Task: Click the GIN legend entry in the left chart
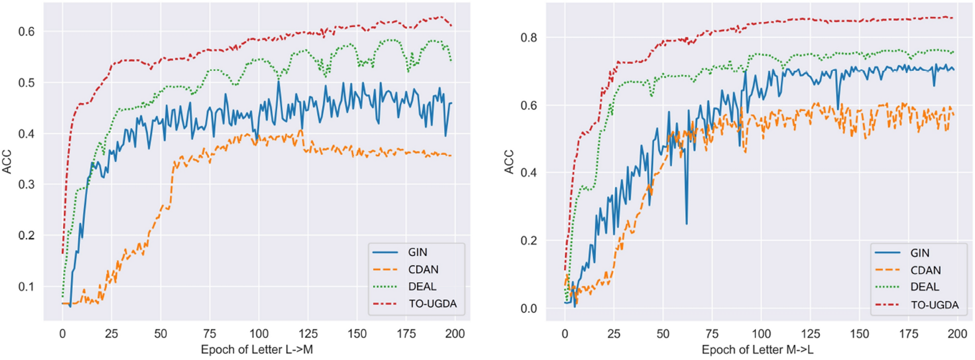point(417,252)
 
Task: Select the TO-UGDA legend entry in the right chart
point(934,305)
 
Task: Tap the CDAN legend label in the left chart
point(423,270)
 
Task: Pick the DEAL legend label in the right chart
point(924,287)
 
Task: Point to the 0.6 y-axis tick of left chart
point(27,31)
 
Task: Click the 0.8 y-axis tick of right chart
point(529,37)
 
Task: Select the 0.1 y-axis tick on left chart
point(27,286)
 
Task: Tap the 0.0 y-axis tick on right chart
point(529,308)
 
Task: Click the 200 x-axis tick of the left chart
point(455,334)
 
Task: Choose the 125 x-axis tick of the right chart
point(810,334)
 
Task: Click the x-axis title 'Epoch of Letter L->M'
point(257,350)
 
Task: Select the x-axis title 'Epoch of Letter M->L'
point(758,350)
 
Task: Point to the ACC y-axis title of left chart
point(7,162)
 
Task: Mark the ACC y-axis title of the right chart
point(509,162)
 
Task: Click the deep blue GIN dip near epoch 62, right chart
point(687,223)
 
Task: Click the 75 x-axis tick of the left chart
point(210,334)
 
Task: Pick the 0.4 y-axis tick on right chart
point(529,173)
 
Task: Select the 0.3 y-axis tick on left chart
point(27,184)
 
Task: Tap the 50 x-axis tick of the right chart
point(663,334)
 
